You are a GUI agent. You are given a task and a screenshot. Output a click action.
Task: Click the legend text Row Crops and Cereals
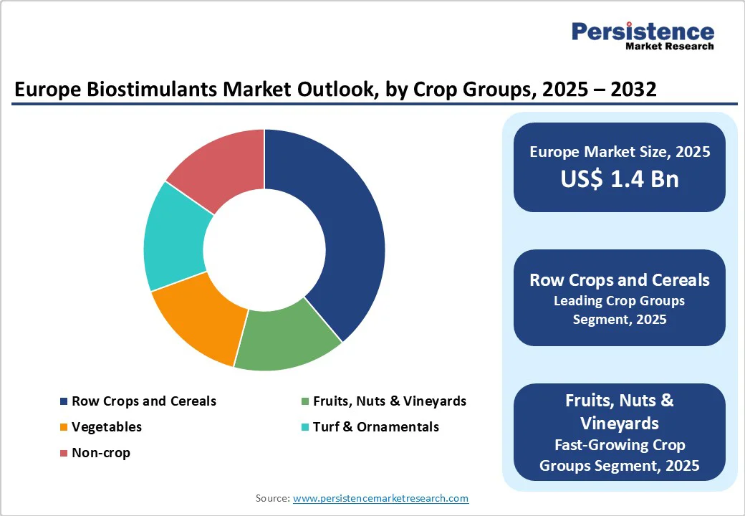tap(143, 401)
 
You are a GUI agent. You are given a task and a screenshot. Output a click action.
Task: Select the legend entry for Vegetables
tap(107, 427)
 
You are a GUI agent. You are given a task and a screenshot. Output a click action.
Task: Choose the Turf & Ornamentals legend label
tap(375, 427)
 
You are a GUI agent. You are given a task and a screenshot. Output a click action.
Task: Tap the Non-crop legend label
tap(101, 453)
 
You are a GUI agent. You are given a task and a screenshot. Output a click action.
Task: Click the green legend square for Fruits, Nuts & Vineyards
tap(305, 402)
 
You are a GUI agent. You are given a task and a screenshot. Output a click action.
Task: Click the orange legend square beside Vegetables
tap(64, 428)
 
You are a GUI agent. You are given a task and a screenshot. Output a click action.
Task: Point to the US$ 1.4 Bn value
tap(619, 178)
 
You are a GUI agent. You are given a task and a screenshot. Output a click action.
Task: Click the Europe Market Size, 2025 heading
tap(619, 151)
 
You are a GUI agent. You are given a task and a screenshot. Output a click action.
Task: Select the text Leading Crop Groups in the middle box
tap(619, 301)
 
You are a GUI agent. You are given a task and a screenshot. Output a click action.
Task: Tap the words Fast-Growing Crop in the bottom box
tap(619, 445)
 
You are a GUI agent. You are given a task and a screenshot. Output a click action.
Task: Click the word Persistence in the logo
tap(642, 32)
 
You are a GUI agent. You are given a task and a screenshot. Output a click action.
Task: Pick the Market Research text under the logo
tap(669, 47)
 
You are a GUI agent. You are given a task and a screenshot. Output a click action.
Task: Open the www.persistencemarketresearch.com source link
tap(380, 498)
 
